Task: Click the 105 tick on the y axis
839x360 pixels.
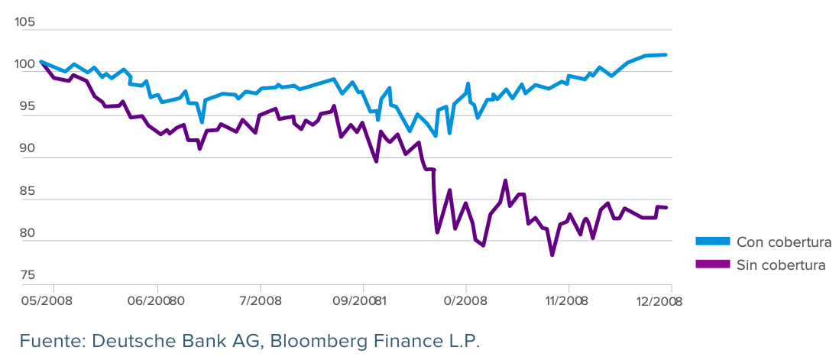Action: [25, 23]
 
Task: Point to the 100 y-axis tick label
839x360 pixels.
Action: [25, 65]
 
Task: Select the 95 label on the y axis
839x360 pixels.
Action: [25, 108]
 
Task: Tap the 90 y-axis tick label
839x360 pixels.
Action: [25, 150]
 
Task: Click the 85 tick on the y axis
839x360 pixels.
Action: [25, 191]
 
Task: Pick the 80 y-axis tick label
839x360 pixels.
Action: [25, 233]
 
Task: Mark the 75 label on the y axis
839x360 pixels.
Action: [25, 275]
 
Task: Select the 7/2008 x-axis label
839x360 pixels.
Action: [261, 300]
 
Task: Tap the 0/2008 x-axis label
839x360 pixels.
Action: [465, 300]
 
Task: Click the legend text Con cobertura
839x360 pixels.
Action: [783, 242]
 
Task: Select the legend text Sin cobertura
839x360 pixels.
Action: [781, 265]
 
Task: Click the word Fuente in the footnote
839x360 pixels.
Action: [47, 341]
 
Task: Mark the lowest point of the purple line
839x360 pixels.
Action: [552, 255]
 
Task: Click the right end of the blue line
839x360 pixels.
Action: [666, 55]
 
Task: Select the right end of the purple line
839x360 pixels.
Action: [666, 207]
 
